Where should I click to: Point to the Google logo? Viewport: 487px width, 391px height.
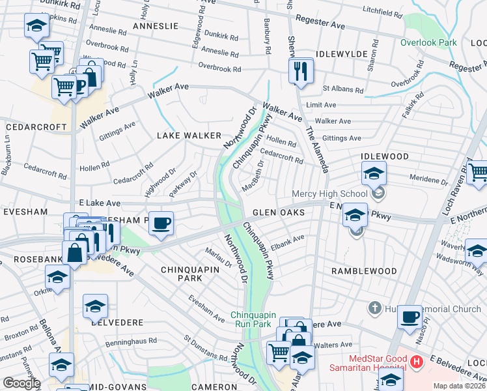coord(21,383)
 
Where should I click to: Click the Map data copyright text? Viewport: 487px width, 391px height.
coord(460,386)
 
